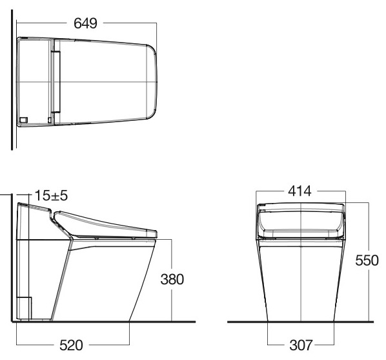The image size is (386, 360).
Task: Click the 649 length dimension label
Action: [x=85, y=23]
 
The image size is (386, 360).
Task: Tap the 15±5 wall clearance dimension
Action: [x=46, y=195]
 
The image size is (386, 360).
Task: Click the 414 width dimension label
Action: [x=300, y=191]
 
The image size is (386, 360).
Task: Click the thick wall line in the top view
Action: [x=12, y=84]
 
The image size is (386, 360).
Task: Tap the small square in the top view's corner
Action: [x=24, y=119]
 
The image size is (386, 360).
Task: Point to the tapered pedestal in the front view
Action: [x=300, y=278]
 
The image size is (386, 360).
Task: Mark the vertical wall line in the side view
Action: [x=10, y=259]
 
